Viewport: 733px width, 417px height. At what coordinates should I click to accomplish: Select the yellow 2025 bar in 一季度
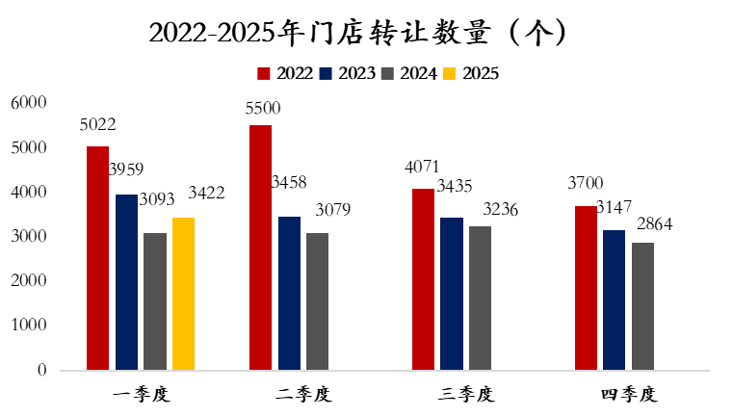pos(183,294)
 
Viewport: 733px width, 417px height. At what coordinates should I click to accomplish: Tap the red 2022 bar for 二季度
pos(260,248)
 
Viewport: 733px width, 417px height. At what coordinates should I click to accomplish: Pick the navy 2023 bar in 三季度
pos(452,294)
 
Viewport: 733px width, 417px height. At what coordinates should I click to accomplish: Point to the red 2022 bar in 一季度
pos(97,258)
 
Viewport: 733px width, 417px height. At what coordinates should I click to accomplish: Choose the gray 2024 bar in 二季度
pos(318,301)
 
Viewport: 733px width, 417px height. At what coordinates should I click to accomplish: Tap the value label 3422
pos(205,194)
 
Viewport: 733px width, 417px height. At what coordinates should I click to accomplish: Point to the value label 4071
pos(423,169)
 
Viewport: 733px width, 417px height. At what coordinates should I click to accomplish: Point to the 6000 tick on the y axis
pos(28,103)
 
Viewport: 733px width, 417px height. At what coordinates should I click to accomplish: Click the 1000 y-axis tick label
pos(28,326)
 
